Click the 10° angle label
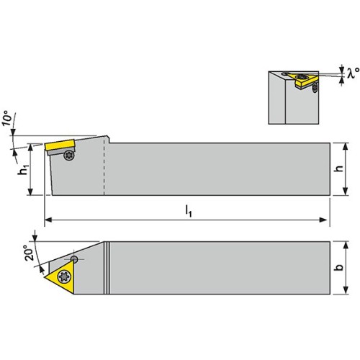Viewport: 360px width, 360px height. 8,118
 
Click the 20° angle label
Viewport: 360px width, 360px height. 30,253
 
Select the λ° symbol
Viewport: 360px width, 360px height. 353,73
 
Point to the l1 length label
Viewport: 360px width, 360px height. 189,212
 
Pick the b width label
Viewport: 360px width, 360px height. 339,267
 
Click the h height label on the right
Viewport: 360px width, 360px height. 339,168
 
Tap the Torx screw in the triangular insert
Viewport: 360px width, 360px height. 65,277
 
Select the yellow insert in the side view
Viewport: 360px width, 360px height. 60,145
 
